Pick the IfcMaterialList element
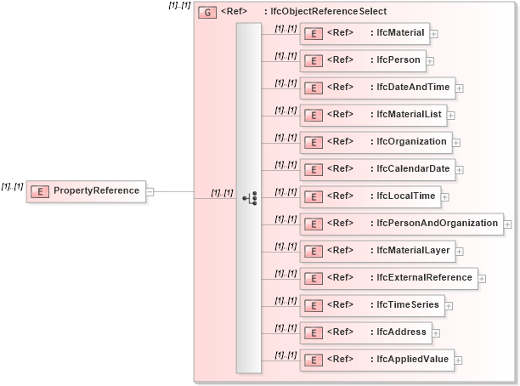click(x=372, y=115)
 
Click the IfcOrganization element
click(x=375, y=142)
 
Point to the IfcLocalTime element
click(x=370, y=196)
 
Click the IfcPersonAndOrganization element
click(x=400, y=224)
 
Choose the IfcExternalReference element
click(x=387, y=278)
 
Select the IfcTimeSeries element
click(x=371, y=305)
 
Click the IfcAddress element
click(x=365, y=332)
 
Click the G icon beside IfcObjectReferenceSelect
click(x=206, y=13)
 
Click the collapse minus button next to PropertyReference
click(x=150, y=191)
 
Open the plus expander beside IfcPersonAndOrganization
click(x=508, y=224)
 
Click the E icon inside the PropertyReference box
click(x=39, y=191)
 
